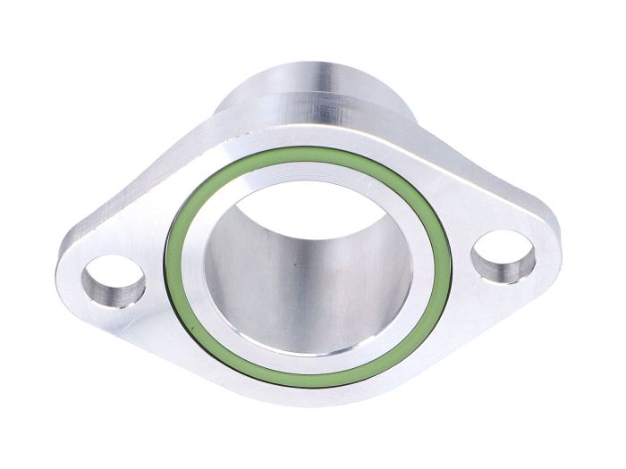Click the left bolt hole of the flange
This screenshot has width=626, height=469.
click(114, 281)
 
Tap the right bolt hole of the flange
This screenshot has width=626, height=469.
click(503, 256)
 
